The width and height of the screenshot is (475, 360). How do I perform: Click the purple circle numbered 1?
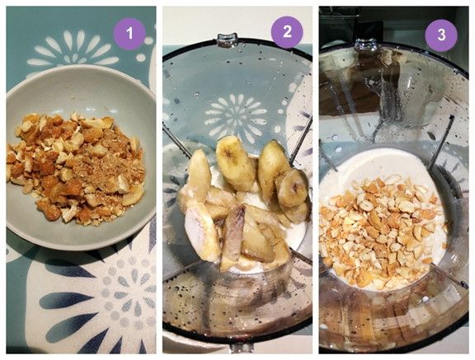click(129, 33)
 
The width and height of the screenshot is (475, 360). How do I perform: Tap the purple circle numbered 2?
click(287, 32)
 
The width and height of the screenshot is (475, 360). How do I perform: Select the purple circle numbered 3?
click(441, 35)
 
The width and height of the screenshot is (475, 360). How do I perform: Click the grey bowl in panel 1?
click(81, 157)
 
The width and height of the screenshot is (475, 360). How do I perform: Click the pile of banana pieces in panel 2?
click(242, 203)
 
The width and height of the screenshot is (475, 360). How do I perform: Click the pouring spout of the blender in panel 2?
click(228, 40)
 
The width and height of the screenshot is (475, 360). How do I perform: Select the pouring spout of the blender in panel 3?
click(365, 44)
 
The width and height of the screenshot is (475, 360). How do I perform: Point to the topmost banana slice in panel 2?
click(234, 163)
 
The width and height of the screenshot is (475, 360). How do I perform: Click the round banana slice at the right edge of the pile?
click(292, 188)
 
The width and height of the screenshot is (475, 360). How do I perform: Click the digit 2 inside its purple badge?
click(287, 32)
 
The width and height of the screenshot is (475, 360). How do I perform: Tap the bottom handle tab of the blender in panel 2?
click(239, 348)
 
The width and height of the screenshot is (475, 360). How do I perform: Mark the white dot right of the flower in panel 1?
click(140, 57)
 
